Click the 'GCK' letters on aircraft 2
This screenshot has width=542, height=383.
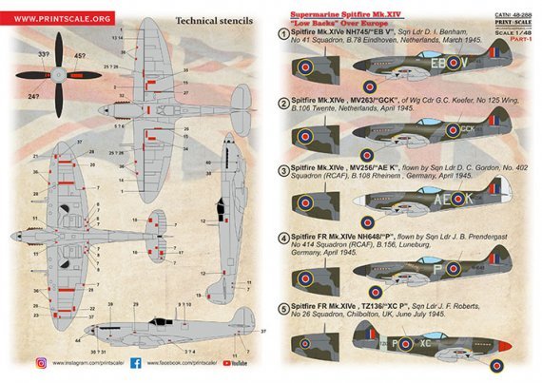pyautogui.click(x=466, y=128)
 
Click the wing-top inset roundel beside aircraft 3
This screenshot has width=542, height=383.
pyautogui.click(x=315, y=203)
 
